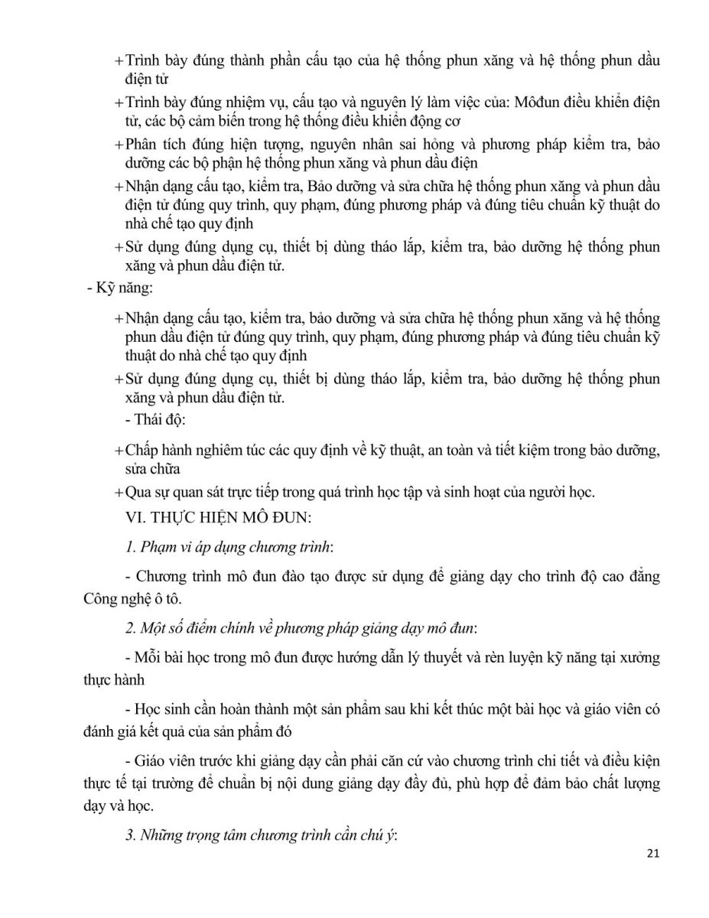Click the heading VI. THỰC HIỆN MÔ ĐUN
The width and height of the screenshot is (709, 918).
tap(218, 519)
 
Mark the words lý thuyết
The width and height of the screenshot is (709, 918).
tap(452, 658)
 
